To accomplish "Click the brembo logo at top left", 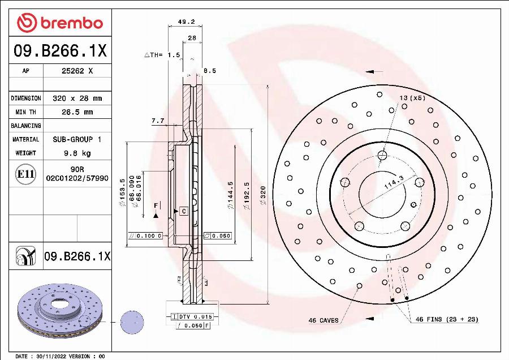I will pyautogui.click(x=60, y=23).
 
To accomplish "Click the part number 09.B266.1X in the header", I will pyautogui.click(x=60, y=51).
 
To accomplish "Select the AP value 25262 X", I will pyautogui.click(x=77, y=71).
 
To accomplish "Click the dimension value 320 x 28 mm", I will pyautogui.click(x=77, y=98).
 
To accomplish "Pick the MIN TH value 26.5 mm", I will pyautogui.click(x=77, y=112).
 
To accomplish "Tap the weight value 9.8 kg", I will pyautogui.click(x=77, y=153).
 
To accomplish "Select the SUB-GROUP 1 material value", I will pyautogui.click(x=77, y=139).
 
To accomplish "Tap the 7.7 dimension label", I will pyautogui.click(x=158, y=121).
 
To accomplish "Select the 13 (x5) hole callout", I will pyautogui.click(x=412, y=98).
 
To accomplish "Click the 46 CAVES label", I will pyautogui.click(x=323, y=320).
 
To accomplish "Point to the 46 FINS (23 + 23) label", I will pyautogui.click(x=447, y=320).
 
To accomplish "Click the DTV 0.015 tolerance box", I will pyautogui.click(x=192, y=316).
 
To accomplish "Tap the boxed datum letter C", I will pyautogui.click(x=184, y=211).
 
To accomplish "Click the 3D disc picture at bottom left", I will pyautogui.click(x=59, y=312).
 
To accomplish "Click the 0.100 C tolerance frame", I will pyautogui.click(x=146, y=235).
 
